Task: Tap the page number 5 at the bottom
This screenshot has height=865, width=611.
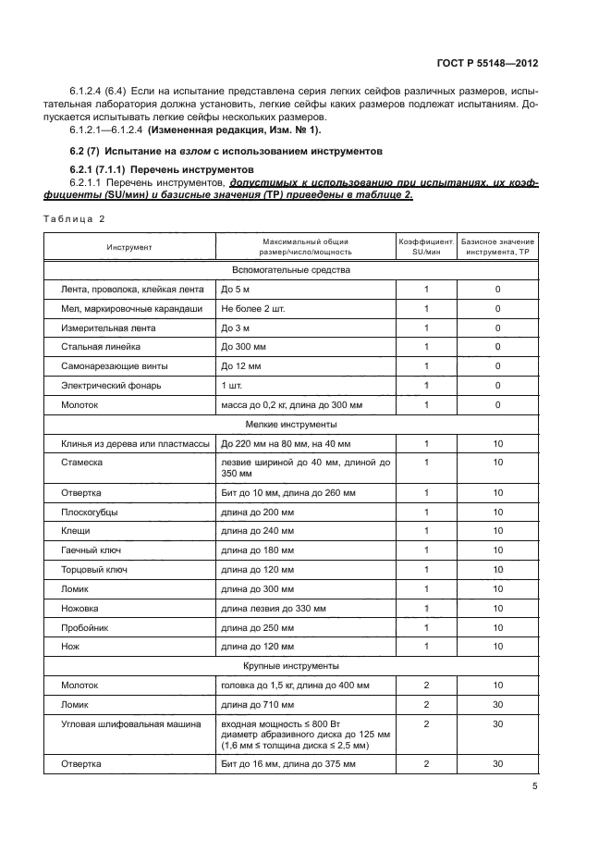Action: pyautogui.click(x=535, y=787)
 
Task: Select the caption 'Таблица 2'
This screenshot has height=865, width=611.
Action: pyautogui.click(x=74, y=217)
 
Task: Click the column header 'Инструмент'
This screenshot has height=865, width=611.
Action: pyautogui.click(x=129, y=247)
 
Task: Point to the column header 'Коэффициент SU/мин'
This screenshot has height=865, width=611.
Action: pyautogui.click(x=426, y=247)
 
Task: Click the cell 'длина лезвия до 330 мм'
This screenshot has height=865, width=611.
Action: pyautogui.click(x=274, y=608)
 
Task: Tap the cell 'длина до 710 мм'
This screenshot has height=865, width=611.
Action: pyautogui.click(x=258, y=705)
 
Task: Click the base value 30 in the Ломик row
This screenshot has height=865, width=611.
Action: pyautogui.click(x=497, y=705)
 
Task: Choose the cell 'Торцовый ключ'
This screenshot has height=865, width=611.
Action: pyautogui.click(x=95, y=569)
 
